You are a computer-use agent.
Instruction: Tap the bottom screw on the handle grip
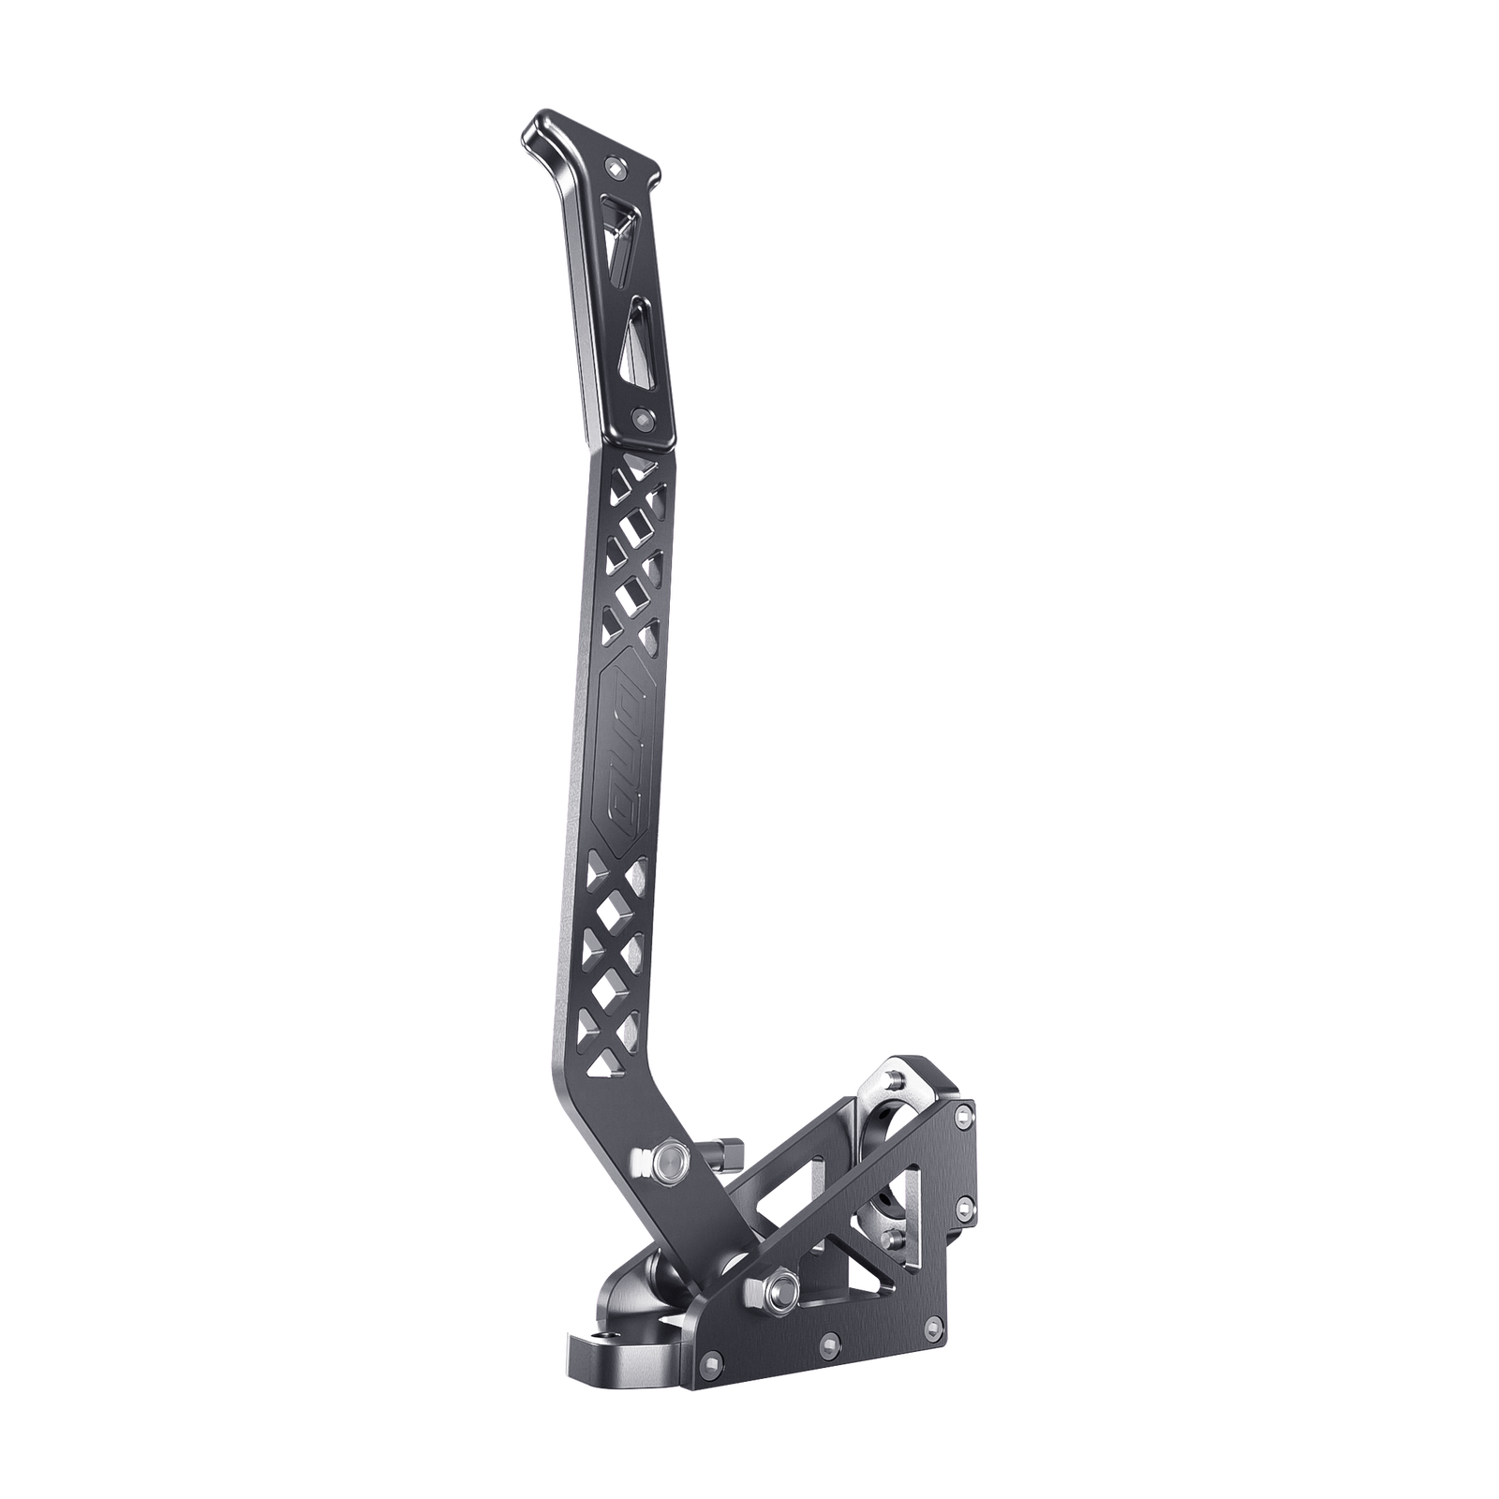[x=641, y=415]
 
